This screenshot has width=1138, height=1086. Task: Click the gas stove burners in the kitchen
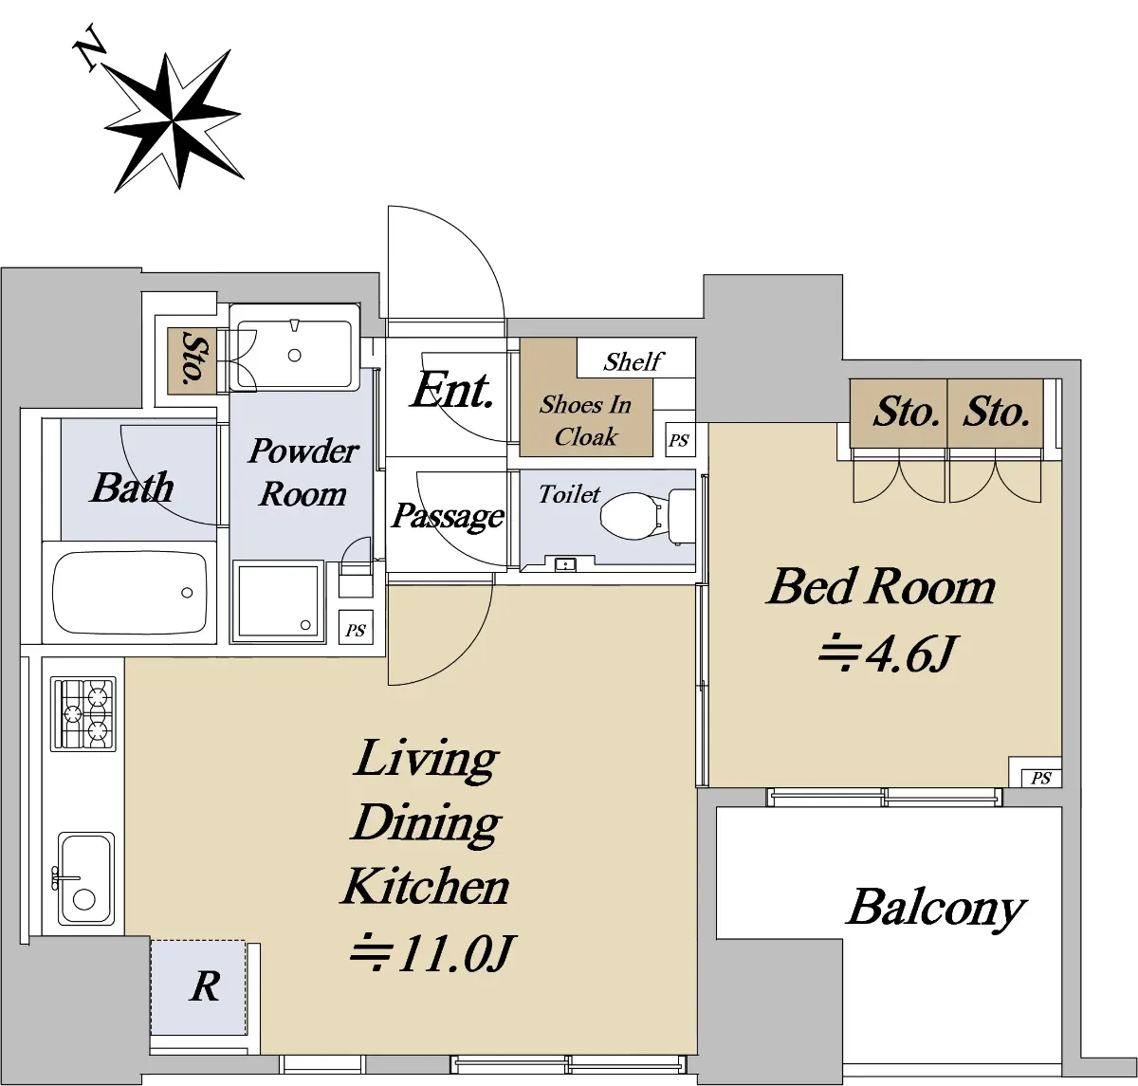coord(83,714)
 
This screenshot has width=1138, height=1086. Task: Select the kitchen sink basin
coord(85,878)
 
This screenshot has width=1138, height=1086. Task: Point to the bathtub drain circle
coord(187,593)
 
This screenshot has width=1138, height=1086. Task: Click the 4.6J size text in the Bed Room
coord(886,653)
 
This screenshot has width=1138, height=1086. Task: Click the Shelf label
coord(633,361)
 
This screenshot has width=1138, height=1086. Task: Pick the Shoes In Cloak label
coord(586,420)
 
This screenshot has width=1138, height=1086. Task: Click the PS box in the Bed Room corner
coord(1040,778)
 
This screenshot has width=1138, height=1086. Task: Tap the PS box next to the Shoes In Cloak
coord(679,440)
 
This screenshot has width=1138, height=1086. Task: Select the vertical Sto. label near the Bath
coord(193,358)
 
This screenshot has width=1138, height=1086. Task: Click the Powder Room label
coord(303,472)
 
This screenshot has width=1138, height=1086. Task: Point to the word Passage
coord(448,516)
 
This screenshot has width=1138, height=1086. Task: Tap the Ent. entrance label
coord(452,389)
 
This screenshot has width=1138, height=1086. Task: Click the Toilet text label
coord(569,494)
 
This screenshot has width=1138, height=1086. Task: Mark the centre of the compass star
coord(173,121)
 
